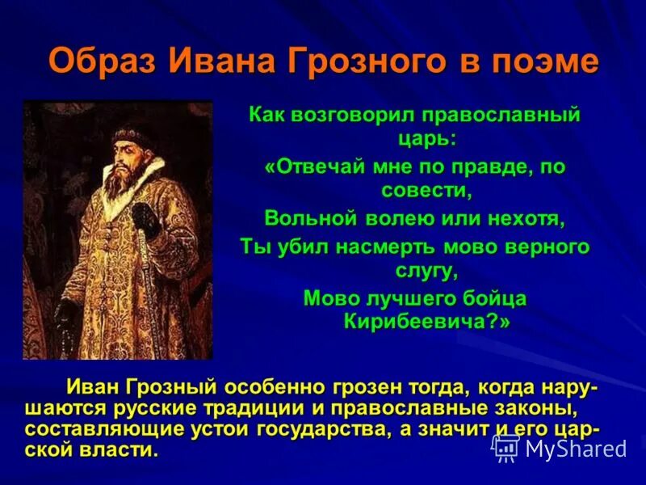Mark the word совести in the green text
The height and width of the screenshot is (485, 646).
426,191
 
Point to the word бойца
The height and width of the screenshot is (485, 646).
488,298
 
